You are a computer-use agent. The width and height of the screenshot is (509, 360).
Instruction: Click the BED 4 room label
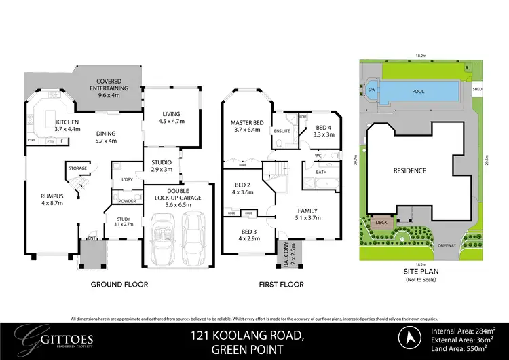click(x=324, y=130)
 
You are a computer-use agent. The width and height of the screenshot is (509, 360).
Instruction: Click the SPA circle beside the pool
click(x=371, y=90)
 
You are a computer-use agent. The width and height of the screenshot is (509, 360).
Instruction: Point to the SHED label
click(x=477, y=88)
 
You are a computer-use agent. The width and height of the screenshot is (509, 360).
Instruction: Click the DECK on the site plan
click(x=381, y=221)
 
